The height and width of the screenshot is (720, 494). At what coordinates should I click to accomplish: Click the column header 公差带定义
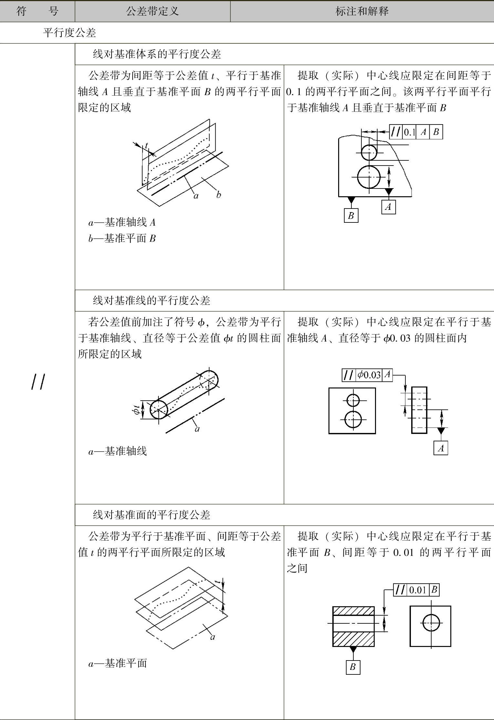tap(152, 12)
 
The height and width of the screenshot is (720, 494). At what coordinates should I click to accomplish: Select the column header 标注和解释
tap(362, 12)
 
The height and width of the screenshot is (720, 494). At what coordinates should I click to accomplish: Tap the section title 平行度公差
tap(69, 33)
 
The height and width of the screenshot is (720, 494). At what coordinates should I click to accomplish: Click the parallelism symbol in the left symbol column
tap(38, 381)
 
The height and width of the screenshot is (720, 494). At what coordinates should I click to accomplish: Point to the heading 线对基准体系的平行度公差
tap(157, 54)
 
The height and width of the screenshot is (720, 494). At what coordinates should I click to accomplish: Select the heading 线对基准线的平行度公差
tap(151, 300)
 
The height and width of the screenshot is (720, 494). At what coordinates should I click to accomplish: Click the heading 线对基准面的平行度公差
tap(151, 514)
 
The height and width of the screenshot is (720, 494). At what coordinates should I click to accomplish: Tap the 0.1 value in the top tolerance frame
tap(409, 132)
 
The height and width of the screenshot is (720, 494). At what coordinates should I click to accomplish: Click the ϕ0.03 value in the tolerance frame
tap(369, 375)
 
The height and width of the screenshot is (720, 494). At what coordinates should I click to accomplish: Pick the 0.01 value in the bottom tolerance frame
tap(418, 590)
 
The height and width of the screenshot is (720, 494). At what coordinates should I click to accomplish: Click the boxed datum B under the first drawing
tap(351, 215)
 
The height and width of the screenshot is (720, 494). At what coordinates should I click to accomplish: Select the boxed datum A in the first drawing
tap(388, 207)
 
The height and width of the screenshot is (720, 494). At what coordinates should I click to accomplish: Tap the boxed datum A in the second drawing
tap(441, 448)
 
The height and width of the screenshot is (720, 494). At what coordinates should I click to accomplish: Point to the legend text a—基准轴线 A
tap(122, 222)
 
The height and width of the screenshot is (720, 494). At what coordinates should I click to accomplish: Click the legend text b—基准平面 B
tap(122, 239)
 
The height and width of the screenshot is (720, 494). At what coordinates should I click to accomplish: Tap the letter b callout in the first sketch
tap(219, 195)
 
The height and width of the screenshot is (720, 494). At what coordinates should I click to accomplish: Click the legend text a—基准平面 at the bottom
tap(118, 663)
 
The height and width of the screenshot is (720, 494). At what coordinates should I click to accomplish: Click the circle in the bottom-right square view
tap(431, 623)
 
